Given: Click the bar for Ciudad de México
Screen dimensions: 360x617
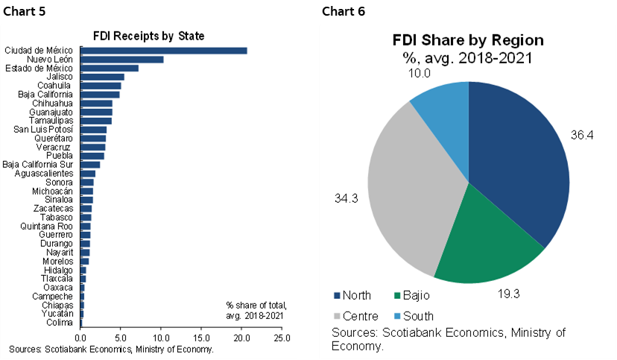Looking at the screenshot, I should point(163,51).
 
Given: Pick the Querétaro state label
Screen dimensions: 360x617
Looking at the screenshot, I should point(53,139).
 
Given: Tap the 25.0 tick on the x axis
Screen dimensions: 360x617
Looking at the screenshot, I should point(282,338).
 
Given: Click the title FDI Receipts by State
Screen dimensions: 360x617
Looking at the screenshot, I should point(148,35).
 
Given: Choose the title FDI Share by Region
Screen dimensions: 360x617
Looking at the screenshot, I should point(468,40).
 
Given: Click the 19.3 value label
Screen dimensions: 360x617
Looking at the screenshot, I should point(510,294).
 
